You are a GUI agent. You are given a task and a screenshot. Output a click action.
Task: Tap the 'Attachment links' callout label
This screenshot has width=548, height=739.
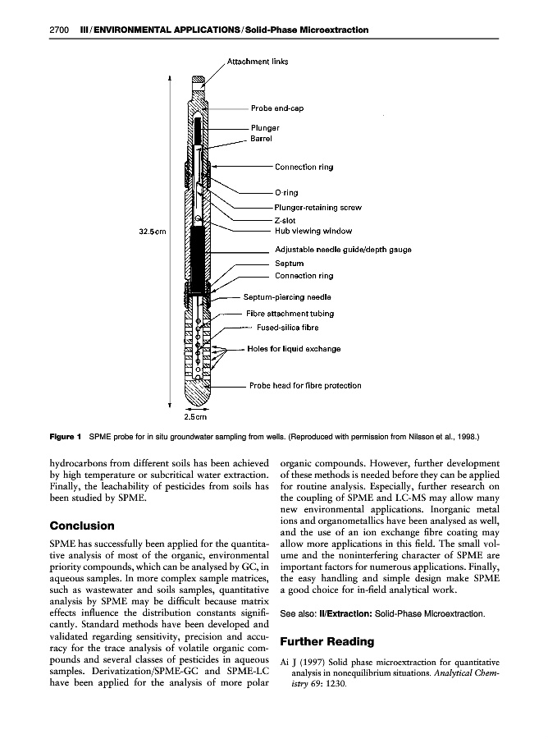click(257, 61)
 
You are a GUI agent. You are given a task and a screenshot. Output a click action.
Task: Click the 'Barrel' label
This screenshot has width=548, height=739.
click(261, 139)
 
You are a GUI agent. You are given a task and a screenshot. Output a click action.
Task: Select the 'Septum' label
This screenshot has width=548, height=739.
click(289, 264)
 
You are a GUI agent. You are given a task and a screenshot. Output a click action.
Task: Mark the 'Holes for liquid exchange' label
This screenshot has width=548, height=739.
click(294, 349)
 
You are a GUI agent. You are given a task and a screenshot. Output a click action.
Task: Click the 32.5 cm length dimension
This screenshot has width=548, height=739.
click(153, 232)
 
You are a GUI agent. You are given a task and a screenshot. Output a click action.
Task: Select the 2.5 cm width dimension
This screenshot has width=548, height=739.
click(194, 418)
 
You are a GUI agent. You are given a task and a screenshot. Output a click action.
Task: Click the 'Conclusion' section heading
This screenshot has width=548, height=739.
click(82, 526)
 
